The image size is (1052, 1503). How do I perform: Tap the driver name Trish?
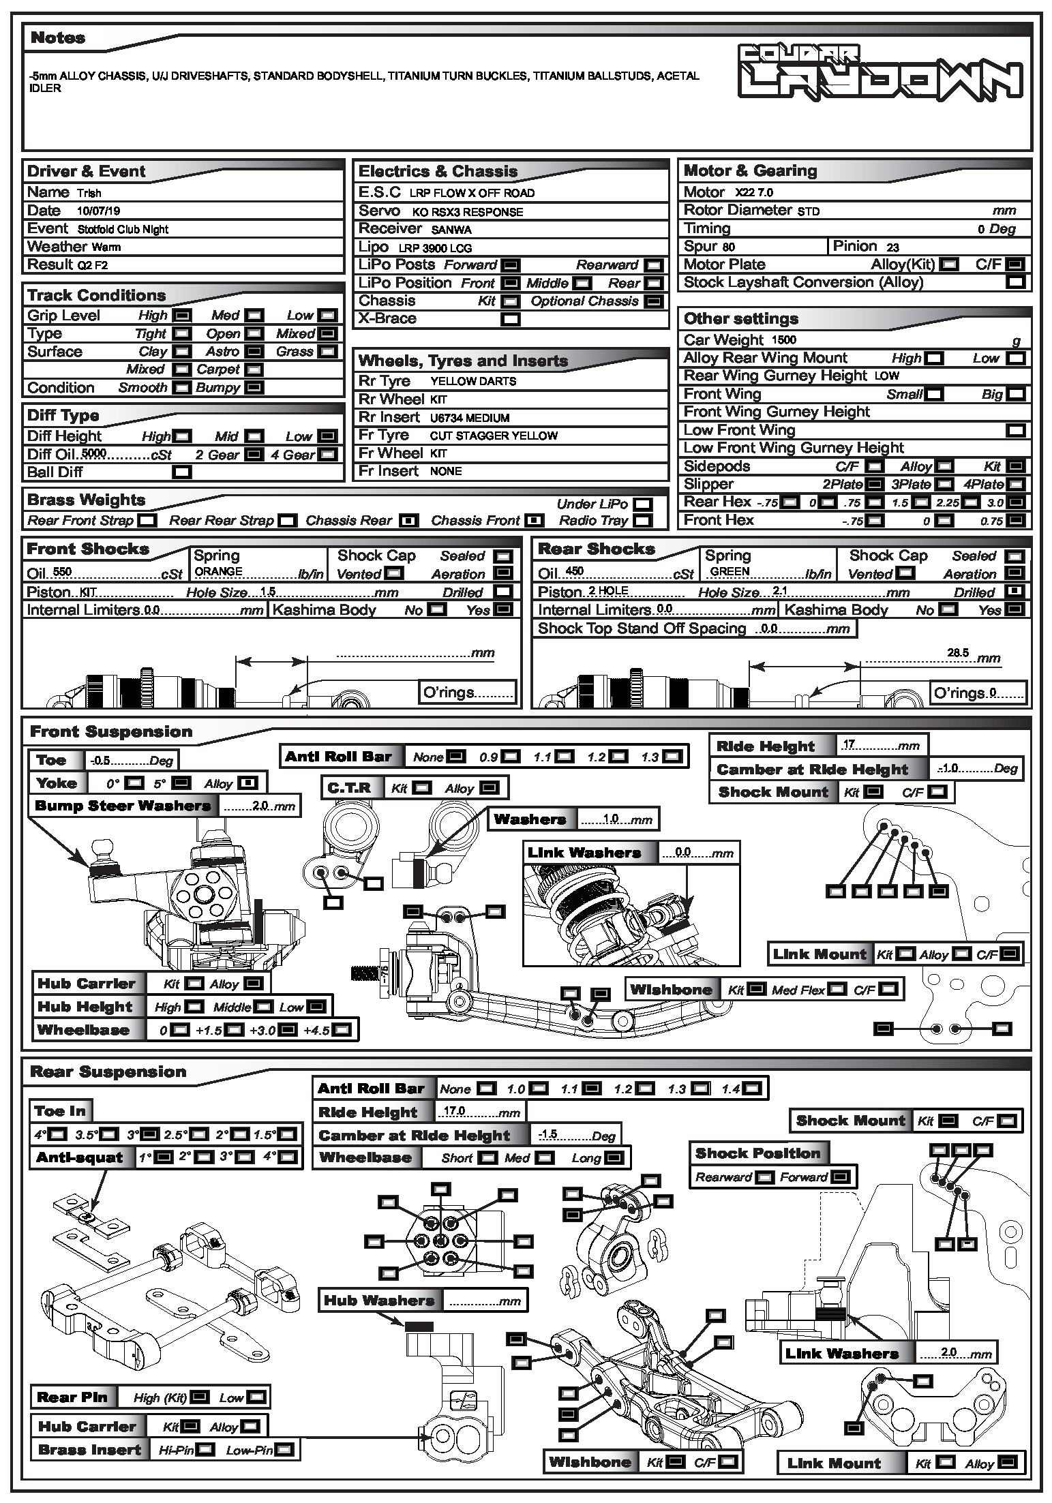click(89, 193)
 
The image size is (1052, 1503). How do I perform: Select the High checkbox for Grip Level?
click(182, 316)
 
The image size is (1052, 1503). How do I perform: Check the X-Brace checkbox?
click(510, 319)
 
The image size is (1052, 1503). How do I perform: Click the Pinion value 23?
click(893, 247)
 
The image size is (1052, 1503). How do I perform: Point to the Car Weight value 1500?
click(783, 340)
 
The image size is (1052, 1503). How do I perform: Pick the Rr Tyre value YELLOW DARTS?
click(473, 381)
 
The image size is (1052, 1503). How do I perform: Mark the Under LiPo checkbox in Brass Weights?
click(642, 504)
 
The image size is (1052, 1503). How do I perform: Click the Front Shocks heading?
click(88, 549)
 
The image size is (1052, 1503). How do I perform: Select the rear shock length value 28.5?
click(957, 652)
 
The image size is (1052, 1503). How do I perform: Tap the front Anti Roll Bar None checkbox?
click(456, 757)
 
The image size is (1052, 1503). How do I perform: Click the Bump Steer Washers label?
click(123, 806)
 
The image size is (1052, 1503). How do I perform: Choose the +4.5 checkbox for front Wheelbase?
click(343, 1030)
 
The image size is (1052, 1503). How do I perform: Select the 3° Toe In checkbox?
click(150, 1135)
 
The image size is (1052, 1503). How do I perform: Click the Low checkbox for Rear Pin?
click(256, 1397)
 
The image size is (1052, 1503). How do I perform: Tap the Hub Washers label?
click(379, 1301)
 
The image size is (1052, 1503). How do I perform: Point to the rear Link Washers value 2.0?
click(949, 1352)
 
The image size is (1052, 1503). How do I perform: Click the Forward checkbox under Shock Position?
click(841, 1177)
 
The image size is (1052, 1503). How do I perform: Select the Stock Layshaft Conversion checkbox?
click(1016, 282)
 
